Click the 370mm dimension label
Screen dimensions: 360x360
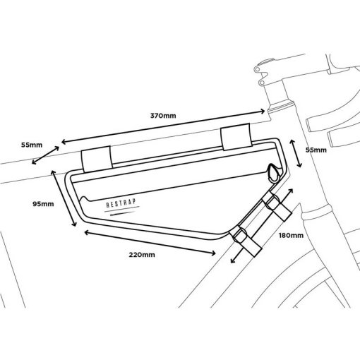[x=163, y=116]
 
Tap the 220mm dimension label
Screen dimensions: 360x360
[x=142, y=255]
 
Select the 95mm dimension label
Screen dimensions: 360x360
[x=43, y=204]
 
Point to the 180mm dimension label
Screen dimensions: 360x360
[x=291, y=235]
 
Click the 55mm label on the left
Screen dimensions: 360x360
[x=32, y=145]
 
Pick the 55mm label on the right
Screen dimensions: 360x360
[x=316, y=150]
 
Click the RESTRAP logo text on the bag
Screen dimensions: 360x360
[x=121, y=203]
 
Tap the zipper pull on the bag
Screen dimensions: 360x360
[x=274, y=174]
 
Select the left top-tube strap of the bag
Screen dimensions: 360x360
[x=97, y=159]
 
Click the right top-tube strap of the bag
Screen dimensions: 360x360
[x=236, y=136]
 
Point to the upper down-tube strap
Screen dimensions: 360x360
[x=277, y=206]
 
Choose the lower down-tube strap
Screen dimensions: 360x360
[x=245, y=240]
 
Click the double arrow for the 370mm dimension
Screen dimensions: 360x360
[x=163, y=126]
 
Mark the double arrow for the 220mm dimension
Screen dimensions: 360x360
[x=150, y=243]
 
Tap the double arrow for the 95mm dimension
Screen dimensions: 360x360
[x=64, y=198]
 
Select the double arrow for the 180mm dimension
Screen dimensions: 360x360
[x=262, y=226]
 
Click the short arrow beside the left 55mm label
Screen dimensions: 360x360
[x=45, y=155]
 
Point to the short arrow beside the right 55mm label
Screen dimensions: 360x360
[x=296, y=153]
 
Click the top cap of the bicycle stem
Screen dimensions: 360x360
[x=265, y=61]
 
